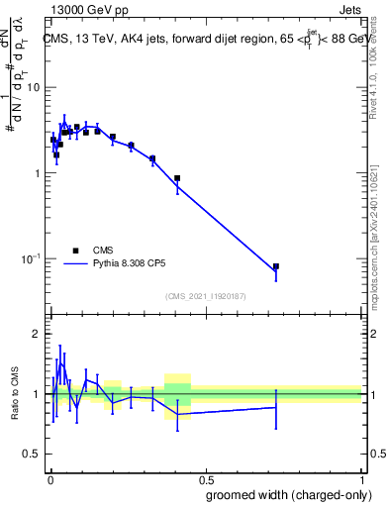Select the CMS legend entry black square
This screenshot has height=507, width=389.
[x=75, y=251]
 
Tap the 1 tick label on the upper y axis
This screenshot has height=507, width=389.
[x=37, y=173]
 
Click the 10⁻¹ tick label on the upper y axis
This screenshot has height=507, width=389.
[x=30, y=258]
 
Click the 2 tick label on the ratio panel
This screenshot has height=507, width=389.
[x=37, y=334]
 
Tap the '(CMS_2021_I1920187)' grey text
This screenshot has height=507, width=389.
[x=206, y=296]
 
